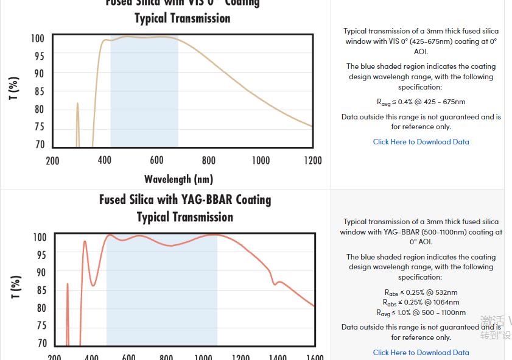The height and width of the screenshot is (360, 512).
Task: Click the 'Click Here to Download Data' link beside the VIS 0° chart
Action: [421, 142]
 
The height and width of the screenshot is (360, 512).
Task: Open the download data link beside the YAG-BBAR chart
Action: [421, 352]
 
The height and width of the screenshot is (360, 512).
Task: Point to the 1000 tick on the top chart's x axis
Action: [261, 160]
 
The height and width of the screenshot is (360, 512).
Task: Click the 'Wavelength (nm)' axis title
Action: [178, 179]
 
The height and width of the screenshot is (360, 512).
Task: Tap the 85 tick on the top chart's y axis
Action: [39, 92]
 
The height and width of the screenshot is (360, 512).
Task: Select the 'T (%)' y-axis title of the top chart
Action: [14, 88]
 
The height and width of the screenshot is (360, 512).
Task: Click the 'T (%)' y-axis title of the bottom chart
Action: [16, 287]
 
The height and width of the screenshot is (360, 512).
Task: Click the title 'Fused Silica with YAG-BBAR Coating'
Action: [185, 200]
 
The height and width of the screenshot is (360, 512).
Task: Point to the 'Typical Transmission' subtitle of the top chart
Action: [183, 18]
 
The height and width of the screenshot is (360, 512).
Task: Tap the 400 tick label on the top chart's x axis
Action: [105, 160]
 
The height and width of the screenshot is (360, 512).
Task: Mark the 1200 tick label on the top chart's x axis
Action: [313, 160]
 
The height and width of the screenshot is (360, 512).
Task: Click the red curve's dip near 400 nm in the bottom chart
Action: [93, 284]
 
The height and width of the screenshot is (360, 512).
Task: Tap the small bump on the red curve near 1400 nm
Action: [278, 282]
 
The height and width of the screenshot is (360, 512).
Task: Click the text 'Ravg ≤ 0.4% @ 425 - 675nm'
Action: [421, 102]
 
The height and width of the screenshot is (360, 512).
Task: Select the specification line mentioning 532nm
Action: [421, 292]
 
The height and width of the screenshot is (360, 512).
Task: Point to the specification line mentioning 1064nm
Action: [421, 302]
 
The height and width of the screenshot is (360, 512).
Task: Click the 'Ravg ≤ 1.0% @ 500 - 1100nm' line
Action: [421, 312]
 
